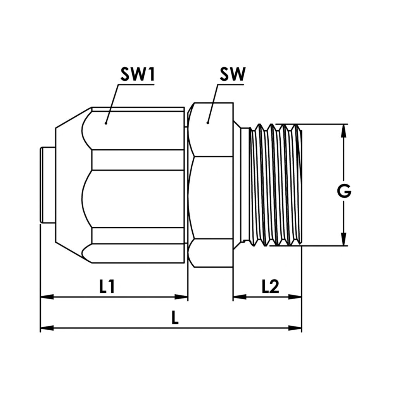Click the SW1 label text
click(x=137, y=75)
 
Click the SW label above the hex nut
click(x=232, y=75)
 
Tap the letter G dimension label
click(x=343, y=192)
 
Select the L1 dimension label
click(x=107, y=287)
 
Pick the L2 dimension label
click(x=270, y=287)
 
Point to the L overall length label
click(x=175, y=319)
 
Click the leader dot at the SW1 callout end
click(x=105, y=123)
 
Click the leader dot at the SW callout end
click(x=208, y=123)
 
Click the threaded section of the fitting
click(x=275, y=185)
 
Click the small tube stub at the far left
click(x=48, y=185)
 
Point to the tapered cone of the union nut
click(x=68, y=185)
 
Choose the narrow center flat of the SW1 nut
click(x=138, y=160)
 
